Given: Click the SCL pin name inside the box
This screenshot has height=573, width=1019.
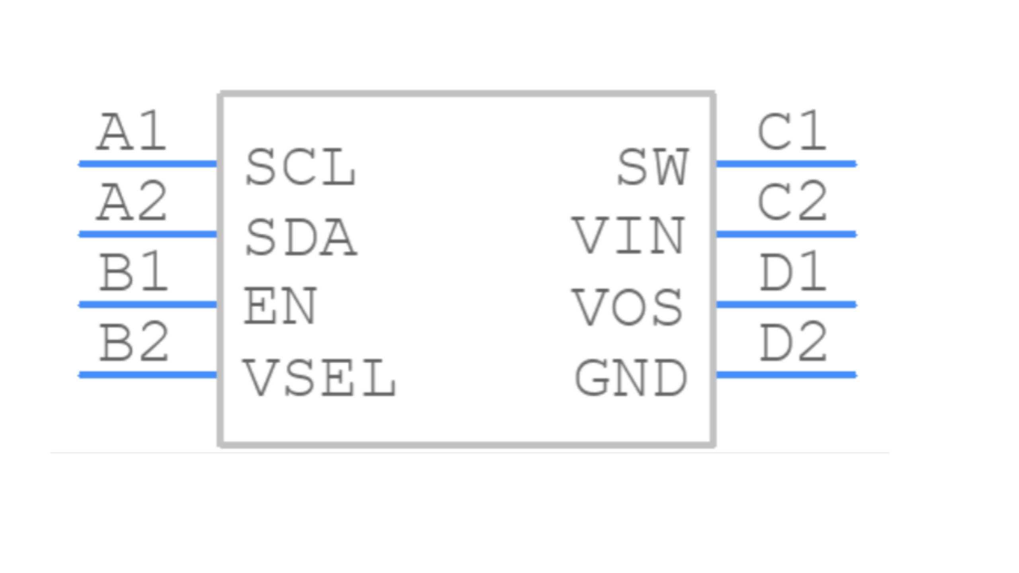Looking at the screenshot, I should tap(301, 167).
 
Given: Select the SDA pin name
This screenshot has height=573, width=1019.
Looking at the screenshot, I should tap(301, 237).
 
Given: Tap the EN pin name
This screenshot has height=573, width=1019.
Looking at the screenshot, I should tap(280, 306).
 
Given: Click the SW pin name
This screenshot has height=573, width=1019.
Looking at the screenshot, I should tap(653, 167).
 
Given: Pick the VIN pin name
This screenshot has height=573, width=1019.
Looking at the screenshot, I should tap(629, 236).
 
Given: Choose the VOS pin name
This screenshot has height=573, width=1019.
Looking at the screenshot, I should tap(627, 307).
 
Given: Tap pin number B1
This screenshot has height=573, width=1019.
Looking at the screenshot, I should tap(133, 272).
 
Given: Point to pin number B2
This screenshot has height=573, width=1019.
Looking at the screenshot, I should tap(134, 342).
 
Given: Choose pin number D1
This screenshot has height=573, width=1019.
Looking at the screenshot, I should tap(793, 272).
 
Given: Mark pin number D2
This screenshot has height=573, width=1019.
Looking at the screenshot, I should tap(794, 342).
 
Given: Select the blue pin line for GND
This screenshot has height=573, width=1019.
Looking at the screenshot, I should tap(786, 375).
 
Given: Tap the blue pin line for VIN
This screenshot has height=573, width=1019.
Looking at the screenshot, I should tap(786, 234).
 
